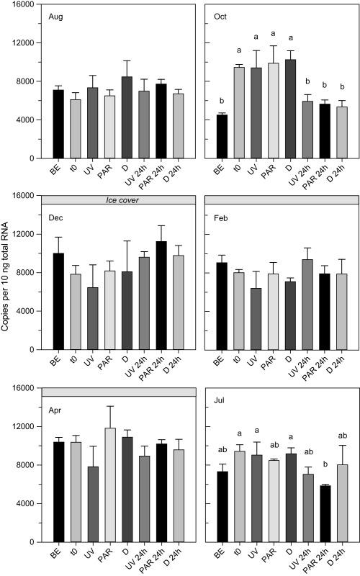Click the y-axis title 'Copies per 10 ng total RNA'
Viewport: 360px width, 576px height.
pos(8,288)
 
